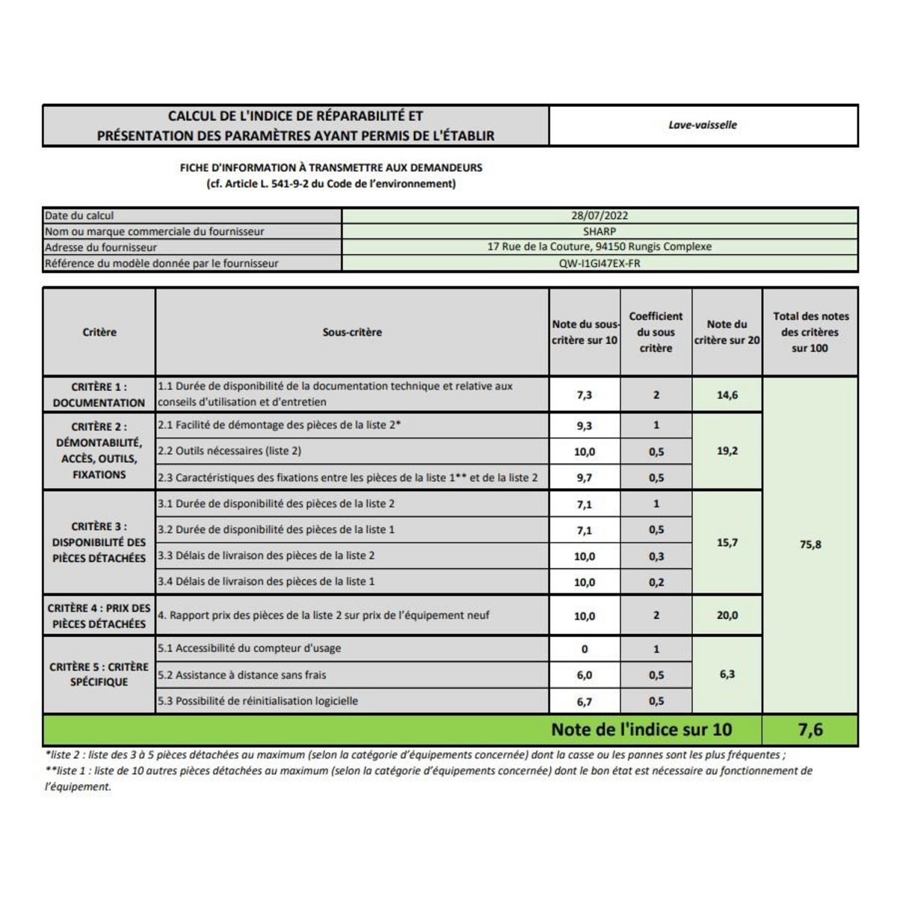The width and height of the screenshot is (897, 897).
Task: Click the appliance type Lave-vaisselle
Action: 703,125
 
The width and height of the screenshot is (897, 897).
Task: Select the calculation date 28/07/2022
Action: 599,216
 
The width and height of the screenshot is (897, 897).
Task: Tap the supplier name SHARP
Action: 599,232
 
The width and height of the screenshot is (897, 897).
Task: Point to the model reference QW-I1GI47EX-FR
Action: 599,263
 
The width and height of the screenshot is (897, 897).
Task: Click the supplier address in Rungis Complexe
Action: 599,247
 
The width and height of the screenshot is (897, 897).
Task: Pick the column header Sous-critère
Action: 352,332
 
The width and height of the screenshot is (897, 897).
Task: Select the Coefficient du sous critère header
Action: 656,332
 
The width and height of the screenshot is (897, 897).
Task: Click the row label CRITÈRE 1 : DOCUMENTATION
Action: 99,395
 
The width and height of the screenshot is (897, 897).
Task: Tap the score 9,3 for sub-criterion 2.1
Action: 585,425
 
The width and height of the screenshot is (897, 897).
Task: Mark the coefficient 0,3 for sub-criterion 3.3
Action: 656,556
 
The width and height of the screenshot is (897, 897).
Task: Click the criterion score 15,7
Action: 727,543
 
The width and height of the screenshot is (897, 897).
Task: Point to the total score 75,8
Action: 810,544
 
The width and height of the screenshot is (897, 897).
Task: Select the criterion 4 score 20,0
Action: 727,615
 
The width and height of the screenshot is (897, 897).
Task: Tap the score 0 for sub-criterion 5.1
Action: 585,649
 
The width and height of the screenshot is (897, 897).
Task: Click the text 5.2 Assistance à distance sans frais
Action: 241,675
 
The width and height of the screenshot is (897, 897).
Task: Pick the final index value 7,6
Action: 810,730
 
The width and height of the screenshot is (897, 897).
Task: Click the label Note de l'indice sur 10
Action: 641,730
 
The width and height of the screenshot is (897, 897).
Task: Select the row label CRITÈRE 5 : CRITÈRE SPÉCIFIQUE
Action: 99,674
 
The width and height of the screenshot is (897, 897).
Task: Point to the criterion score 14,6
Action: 727,395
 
